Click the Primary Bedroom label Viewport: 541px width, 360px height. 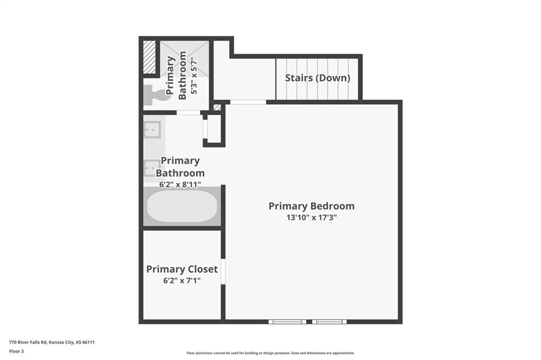coord(312,206)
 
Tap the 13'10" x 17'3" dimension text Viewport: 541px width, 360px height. coord(312,217)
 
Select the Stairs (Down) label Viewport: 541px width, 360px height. coord(318,78)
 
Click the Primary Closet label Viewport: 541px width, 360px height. coord(182,269)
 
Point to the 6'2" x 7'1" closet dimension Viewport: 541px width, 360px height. coord(182,281)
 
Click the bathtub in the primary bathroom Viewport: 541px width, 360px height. coord(182,206)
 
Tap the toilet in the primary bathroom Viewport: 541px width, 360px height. coord(157,96)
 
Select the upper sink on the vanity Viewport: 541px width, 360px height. coord(152,130)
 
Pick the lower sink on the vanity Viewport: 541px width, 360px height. coord(152,168)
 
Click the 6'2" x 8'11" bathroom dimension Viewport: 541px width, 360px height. coord(180,184)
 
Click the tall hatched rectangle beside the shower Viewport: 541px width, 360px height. coord(150,57)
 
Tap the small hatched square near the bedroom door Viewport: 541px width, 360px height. coord(217,107)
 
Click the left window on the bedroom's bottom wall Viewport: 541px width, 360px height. coord(287,322)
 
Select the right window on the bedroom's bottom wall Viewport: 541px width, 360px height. coord(329,322)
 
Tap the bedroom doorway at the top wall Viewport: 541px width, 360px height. coord(248,102)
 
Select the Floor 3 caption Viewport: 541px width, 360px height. coord(16,352)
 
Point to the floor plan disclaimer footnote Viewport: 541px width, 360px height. coord(270,353)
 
